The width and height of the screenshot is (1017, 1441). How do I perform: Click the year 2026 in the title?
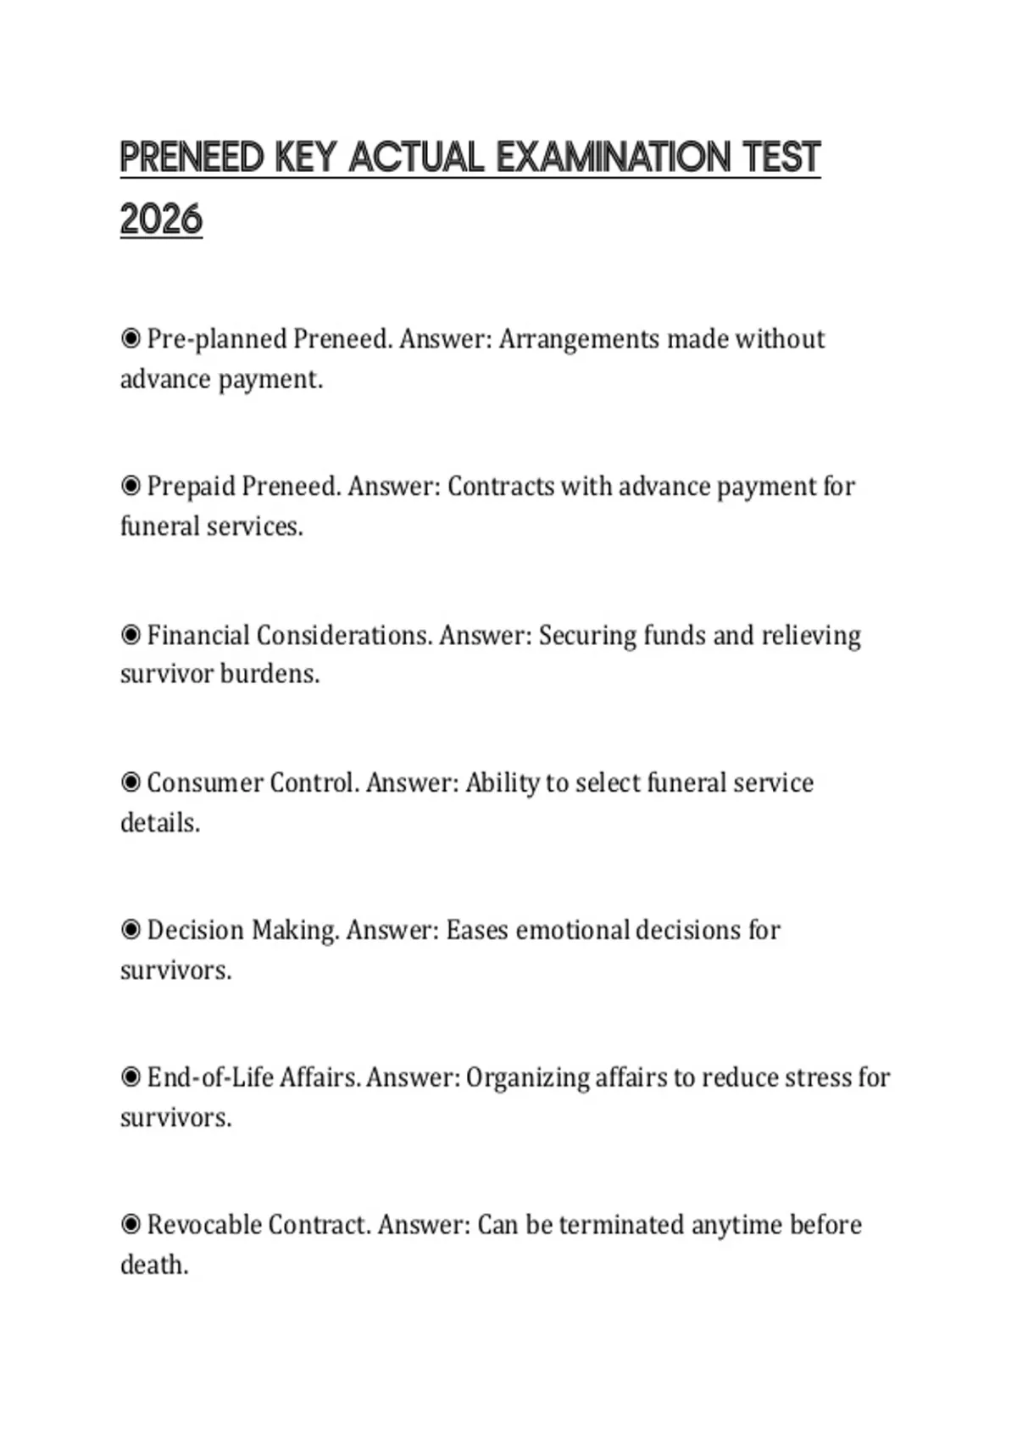[x=161, y=220]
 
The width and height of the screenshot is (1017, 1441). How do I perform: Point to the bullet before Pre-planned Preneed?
[x=131, y=339]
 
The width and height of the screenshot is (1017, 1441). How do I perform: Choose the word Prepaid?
[x=191, y=487]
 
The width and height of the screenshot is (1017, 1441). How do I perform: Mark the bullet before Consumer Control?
[x=131, y=782]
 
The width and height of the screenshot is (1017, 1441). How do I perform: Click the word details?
[x=160, y=822]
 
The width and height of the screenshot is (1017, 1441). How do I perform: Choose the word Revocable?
[x=204, y=1225]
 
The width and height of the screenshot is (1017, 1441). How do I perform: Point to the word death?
[x=153, y=1265]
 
